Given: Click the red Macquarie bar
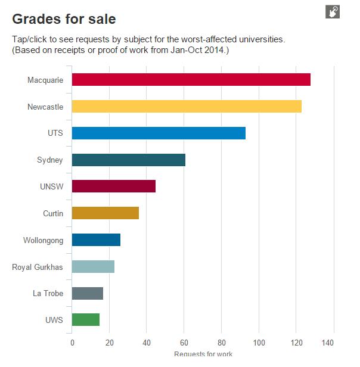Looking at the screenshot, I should tap(191, 80).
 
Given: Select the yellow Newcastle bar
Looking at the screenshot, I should tap(187, 107).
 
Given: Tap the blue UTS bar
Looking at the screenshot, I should tap(159, 133).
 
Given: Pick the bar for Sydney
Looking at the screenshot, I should tap(129, 160).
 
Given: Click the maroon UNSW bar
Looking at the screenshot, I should tap(114, 186).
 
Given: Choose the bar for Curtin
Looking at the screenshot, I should tap(105, 213).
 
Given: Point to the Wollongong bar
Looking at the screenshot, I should tap(96, 240).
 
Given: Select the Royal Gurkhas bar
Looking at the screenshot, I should tap(93, 266).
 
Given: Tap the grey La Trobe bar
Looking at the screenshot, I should tap(88, 293).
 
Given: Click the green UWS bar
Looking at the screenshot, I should tap(86, 319).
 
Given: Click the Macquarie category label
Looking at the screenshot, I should tap(45, 80).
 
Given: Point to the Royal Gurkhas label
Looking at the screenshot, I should tap(38, 266).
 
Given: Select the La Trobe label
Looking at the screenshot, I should tap(48, 293).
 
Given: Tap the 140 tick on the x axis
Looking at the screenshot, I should tap(333, 343).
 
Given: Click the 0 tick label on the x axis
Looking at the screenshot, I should tap(72, 343).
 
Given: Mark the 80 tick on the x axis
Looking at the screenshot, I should tap(221, 343).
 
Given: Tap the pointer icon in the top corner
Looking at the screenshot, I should tap(332, 11).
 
